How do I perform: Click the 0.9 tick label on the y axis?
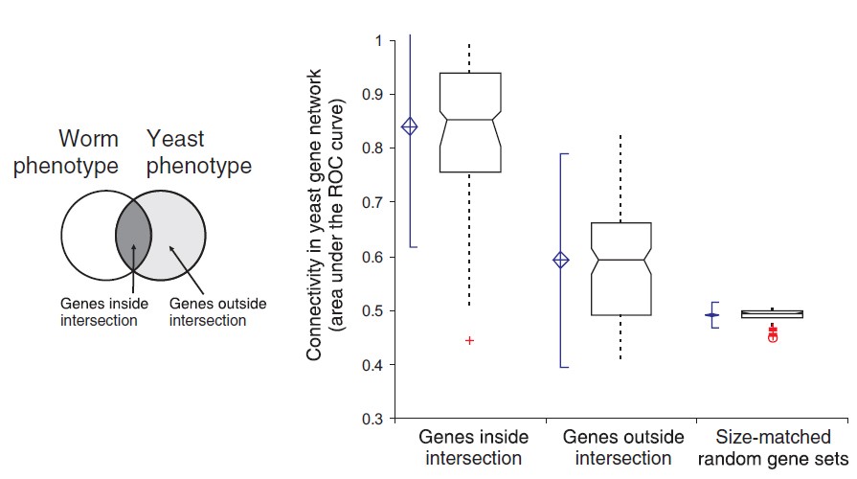tap(372, 95)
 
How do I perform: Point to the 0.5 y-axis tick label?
tap(372, 311)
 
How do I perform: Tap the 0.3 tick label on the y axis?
tap(372, 420)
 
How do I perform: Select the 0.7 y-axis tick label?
tap(372, 203)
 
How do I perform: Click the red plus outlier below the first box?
tap(469, 340)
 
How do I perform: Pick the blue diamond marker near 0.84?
tap(410, 126)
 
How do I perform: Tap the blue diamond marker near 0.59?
tap(561, 260)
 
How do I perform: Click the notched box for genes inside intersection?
tap(469, 122)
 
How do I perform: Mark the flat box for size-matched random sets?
tap(772, 313)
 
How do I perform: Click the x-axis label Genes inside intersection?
tap(470, 447)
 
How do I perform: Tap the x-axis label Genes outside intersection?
tap(623, 447)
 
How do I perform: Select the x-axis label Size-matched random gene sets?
tap(775, 447)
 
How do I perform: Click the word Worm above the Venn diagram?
tap(89, 139)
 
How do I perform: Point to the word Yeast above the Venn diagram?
tap(176, 139)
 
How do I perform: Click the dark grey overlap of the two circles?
tap(133, 234)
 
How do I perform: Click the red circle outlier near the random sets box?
tap(773, 337)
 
